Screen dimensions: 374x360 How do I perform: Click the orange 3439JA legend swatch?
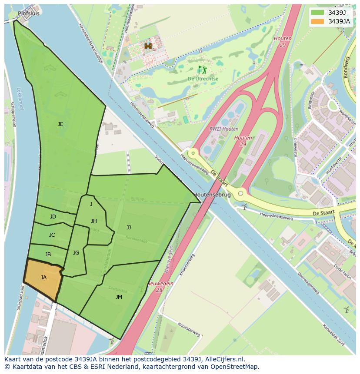point(318,21)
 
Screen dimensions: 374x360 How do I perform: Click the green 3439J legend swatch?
point(318,13)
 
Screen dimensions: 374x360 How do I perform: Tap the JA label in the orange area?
point(43,277)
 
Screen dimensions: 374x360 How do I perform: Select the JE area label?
point(60,124)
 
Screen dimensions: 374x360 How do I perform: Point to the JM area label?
point(119,297)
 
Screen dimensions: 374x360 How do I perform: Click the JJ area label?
point(129,227)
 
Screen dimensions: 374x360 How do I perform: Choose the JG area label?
point(76,253)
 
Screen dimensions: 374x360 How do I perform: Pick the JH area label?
point(94,221)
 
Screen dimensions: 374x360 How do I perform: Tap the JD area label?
point(53,217)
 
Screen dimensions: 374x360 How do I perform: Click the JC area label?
point(52,235)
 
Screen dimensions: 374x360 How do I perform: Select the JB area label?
point(48,255)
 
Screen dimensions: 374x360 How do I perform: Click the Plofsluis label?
point(29,13)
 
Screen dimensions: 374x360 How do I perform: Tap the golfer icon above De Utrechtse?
point(202,70)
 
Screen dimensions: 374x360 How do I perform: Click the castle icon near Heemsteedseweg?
point(148,46)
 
